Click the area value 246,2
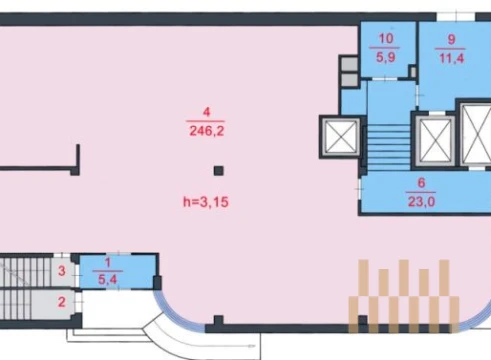tap(207, 131)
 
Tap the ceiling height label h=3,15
tap(206, 202)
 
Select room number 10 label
tap(386, 39)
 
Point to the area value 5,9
tap(386, 57)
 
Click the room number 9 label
tap(451, 39)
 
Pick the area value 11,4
tap(452, 58)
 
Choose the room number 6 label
tap(421, 183)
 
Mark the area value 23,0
tap(421, 201)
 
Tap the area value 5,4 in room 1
tap(107, 279)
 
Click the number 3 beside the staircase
tap(62, 271)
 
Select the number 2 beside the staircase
tap(62, 302)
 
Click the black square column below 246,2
tap(219, 171)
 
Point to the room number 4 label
tap(207, 112)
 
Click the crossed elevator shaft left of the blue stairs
tap(341, 137)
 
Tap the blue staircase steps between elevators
tap(389, 148)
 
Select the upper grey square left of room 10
tap(349, 64)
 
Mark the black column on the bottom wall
tap(218, 320)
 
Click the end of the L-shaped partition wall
tap(78, 146)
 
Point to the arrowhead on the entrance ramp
tap(253, 346)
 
